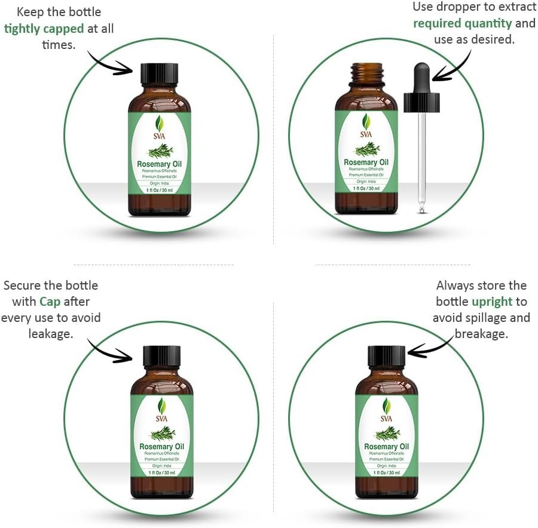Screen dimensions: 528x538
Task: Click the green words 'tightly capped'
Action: click(x=44, y=28)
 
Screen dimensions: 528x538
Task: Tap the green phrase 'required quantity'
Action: click(x=463, y=23)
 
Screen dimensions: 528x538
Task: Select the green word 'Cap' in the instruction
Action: click(x=50, y=302)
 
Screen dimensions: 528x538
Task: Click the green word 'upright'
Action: click(x=491, y=302)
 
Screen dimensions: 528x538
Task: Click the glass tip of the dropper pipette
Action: click(x=422, y=208)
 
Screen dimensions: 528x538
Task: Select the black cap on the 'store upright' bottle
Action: click(x=386, y=357)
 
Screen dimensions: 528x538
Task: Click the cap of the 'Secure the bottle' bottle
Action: click(x=161, y=357)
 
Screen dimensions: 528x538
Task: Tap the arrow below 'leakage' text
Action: click(x=111, y=349)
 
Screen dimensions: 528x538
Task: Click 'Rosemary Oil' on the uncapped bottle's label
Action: click(x=366, y=162)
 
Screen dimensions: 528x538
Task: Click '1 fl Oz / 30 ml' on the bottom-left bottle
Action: click(x=161, y=472)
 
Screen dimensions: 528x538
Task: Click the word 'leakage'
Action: click(x=50, y=333)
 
